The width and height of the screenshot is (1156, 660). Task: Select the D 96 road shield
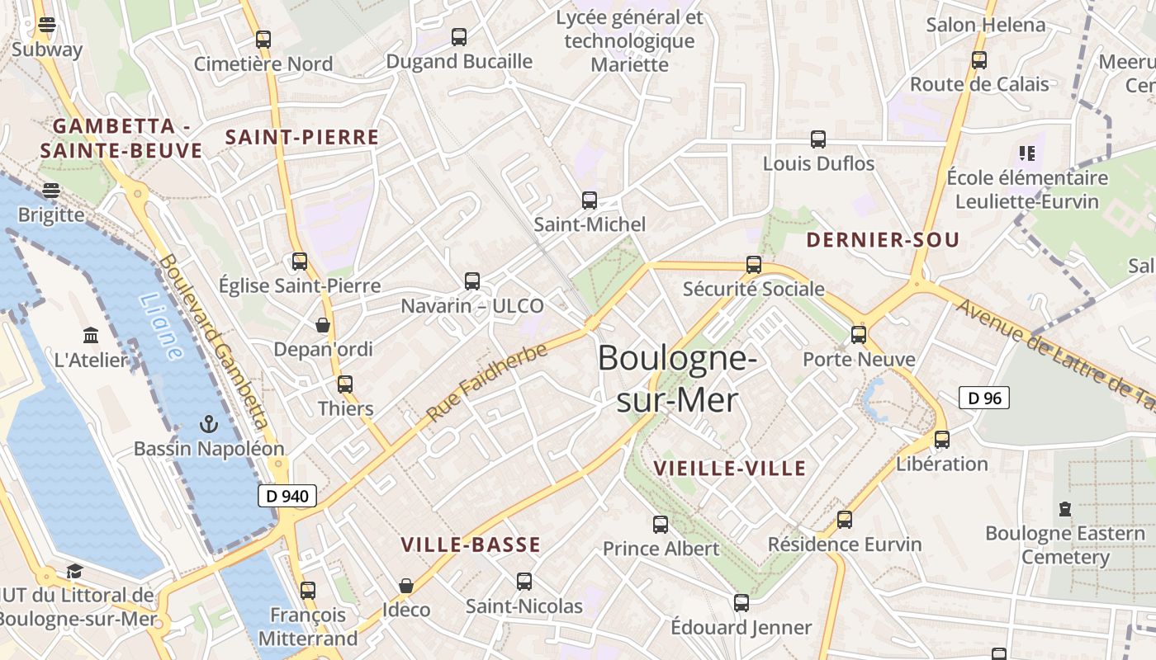click(984, 398)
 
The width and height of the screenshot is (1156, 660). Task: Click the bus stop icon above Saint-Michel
click(590, 200)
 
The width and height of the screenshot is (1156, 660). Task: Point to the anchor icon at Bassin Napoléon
click(209, 425)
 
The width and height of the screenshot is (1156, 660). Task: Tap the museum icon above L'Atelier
click(91, 336)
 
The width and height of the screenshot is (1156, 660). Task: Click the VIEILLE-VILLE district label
click(729, 469)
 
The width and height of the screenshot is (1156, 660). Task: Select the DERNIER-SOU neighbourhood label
click(883, 240)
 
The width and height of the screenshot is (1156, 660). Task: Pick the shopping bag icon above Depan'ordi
click(323, 325)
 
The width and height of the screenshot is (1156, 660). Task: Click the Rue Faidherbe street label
click(487, 382)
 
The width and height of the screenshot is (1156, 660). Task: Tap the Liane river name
click(161, 327)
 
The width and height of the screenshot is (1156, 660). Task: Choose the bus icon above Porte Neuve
click(859, 335)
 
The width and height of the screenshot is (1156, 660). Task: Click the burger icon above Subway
click(47, 25)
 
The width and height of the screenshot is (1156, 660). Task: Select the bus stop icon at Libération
click(942, 440)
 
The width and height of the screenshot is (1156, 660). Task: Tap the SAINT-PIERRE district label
click(302, 138)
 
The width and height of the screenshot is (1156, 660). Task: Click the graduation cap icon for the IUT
click(74, 571)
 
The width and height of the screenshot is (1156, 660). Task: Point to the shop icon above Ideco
click(405, 586)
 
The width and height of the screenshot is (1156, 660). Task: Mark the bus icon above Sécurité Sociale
click(754, 265)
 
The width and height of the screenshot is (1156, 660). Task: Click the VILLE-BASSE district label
click(471, 544)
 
